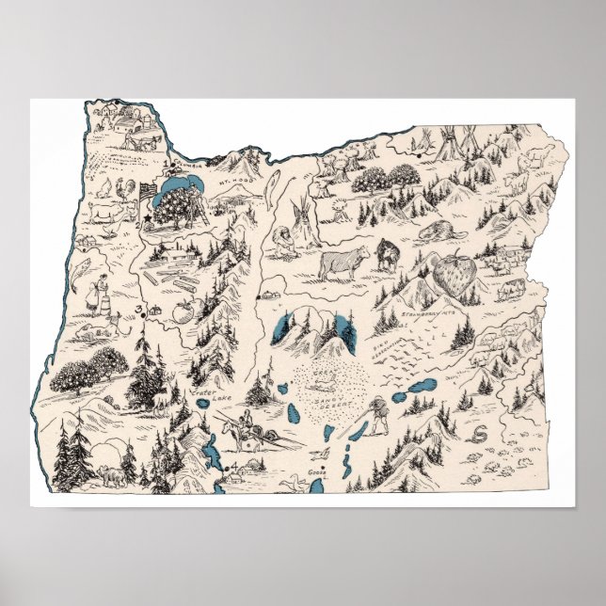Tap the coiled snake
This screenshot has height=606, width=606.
[479, 434]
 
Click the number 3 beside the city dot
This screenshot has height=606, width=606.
[136, 310]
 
